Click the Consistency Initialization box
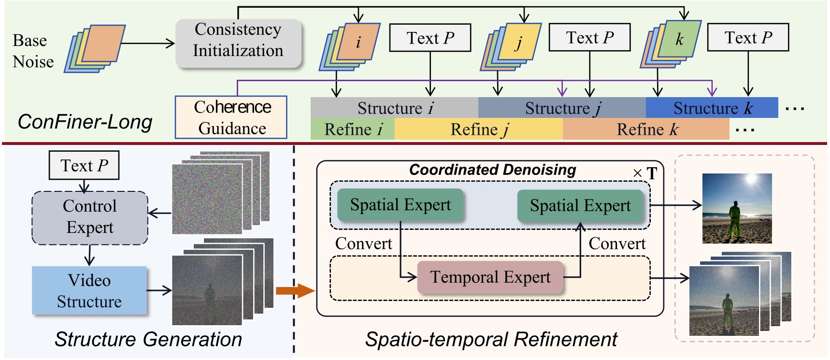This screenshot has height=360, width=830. click(238, 43)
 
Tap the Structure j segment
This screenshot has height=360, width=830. click(562, 108)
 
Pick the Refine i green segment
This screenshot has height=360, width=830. click(353, 130)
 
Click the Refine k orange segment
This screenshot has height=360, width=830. click(646, 130)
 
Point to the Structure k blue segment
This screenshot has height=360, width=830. click(712, 108)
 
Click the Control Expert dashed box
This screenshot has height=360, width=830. click(90, 217)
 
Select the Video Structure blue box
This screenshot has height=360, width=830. click(89, 290)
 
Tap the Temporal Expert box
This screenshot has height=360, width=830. click(490, 277)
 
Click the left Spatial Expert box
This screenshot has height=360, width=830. click(400, 205)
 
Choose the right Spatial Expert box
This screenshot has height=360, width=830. click(580, 206)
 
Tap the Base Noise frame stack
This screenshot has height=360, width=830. click(95, 48)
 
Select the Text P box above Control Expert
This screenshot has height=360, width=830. click(84, 165)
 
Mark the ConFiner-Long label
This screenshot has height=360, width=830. click(85, 122)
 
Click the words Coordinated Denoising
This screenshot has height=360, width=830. click(492, 170)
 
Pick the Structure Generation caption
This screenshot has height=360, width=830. click(148, 339)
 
